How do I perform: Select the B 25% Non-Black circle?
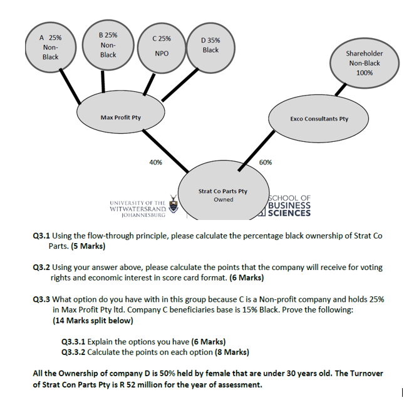(x=108, y=44)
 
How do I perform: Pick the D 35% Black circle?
(x=210, y=44)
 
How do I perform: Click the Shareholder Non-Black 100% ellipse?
(x=364, y=62)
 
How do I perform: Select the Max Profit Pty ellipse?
(x=120, y=117)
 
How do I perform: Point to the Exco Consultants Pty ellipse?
(x=319, y=118)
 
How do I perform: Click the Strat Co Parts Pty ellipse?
(x=223, y=194)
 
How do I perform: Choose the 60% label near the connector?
(x=265, y=162)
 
